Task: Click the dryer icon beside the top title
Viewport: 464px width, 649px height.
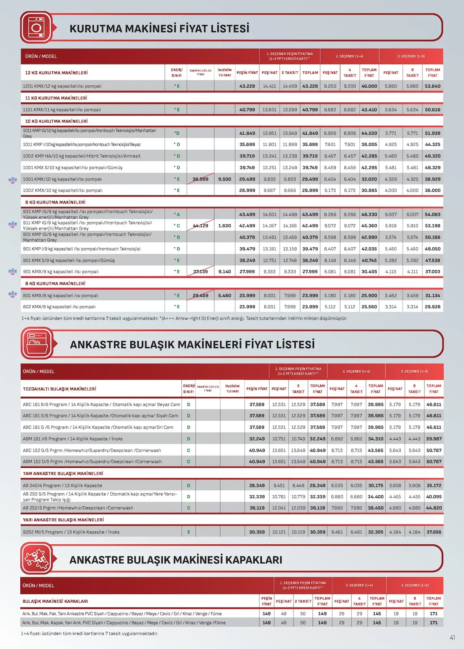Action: [36, 28]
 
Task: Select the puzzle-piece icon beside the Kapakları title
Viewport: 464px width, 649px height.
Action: [37, 559]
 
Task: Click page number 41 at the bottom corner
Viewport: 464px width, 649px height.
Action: [452, 638]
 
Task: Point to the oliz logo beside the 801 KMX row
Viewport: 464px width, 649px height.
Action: [13, 294]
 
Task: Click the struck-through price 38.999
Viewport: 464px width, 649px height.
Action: [200, 179]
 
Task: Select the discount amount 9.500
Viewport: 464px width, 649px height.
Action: [224, 179]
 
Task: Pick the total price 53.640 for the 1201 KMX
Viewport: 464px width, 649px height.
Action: [432, 86]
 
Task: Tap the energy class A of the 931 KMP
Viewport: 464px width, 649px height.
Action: [177, 214]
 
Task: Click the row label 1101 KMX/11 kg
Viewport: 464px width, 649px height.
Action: [62, 110]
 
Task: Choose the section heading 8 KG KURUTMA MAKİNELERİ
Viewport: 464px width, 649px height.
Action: [55, 284]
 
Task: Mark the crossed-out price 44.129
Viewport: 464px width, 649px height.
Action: [200, 226]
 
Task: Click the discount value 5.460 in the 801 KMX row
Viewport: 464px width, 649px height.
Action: [224, 295]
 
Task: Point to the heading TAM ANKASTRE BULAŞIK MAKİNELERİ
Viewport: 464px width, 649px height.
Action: [63, 473]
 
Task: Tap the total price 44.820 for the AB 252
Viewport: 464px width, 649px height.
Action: [434, 508]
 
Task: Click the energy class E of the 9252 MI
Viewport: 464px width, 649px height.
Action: [188, 532]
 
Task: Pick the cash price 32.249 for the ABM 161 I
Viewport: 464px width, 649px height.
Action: [257, 438]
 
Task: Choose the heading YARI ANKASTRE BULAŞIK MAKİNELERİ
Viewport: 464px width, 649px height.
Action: [63, 520]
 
